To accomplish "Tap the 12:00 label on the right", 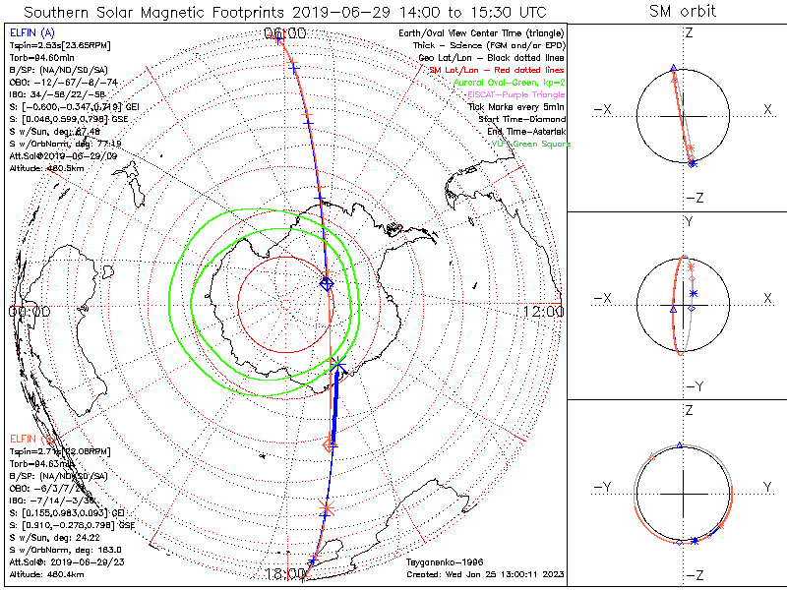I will pyautogui.click(x=543, y=312).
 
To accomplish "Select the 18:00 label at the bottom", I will pyautogui.click(x=287, y=573).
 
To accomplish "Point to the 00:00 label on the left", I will pyautogui.click(x=29, y=312).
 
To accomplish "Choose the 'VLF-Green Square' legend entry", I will pyautogui.click(x=530, y=144).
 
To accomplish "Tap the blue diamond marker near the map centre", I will pyautogui.click(x=327, y=283).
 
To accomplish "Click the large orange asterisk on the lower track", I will pyautogui.click(x=328, y=507).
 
